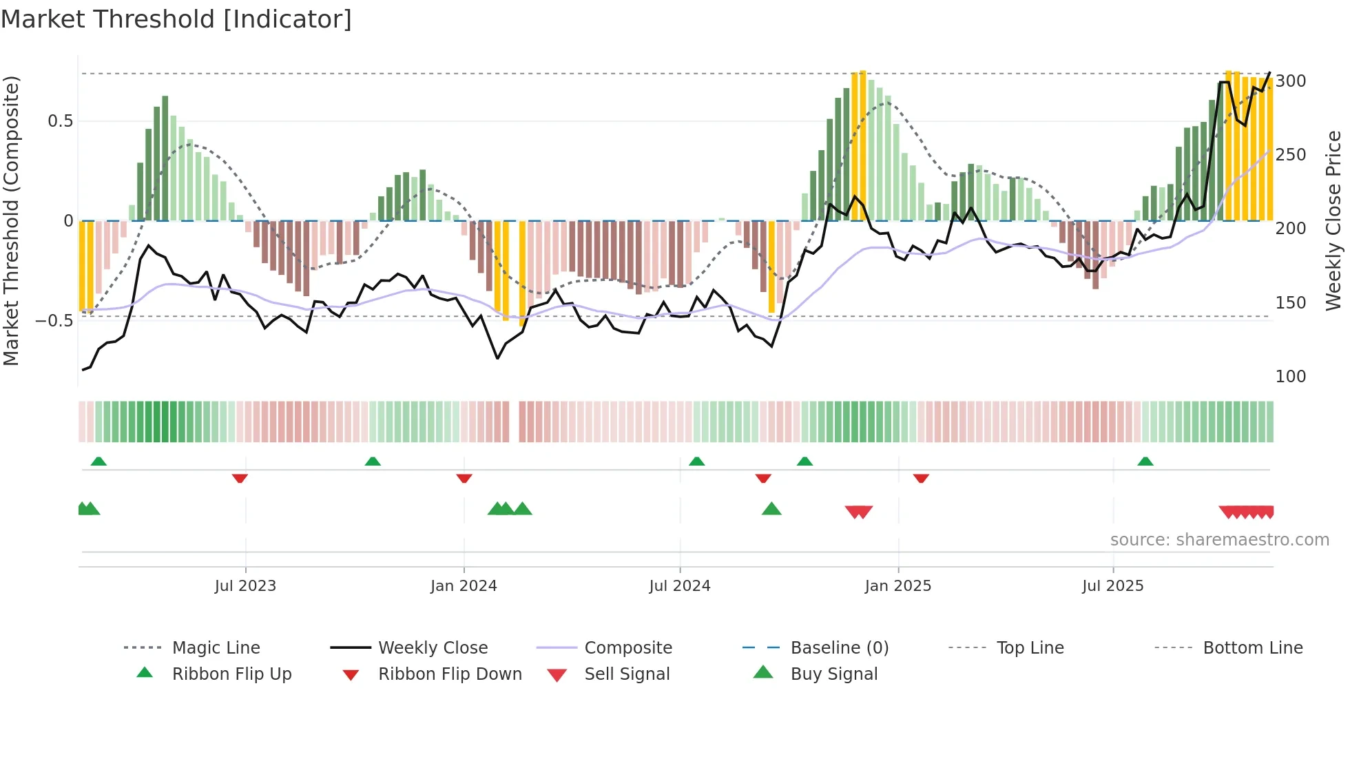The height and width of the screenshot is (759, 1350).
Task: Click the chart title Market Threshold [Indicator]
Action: pos(176,19)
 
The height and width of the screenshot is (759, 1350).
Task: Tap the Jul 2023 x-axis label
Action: pos(245,586)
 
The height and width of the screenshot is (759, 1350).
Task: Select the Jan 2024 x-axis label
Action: pos(464,586)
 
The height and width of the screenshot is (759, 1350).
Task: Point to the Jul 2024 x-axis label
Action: pos(680,586)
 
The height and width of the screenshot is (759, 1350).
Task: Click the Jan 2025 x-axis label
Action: pos(898,586)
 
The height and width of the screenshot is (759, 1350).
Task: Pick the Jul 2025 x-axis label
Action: pos(1113,586)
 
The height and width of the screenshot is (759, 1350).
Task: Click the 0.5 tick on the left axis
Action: pos(61,121)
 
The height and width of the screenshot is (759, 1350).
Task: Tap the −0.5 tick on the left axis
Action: pos(54,321)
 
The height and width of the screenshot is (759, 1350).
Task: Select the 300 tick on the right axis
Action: pos(1291,81)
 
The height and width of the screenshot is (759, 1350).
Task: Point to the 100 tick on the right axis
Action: pos(1291,377)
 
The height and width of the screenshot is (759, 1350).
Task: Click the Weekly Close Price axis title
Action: pos(1333,220)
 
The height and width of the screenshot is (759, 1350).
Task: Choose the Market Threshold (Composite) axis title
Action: pos(12,220)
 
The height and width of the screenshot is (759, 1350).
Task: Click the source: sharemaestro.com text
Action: pos(1219,540)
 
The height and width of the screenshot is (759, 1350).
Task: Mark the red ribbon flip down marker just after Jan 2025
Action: pos(921,478)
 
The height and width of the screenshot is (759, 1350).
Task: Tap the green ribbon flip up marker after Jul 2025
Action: pos(1145,461)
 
